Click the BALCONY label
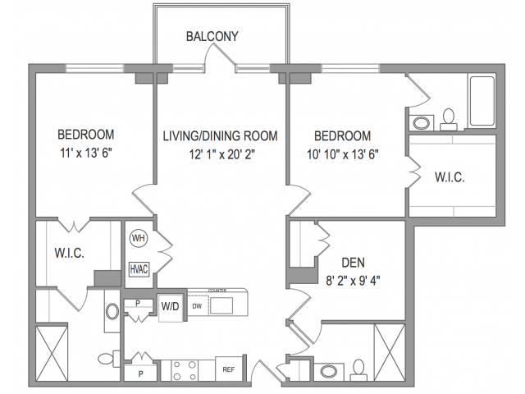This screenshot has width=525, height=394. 212,36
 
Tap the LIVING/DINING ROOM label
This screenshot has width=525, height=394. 219,135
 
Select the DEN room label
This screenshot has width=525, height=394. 354,263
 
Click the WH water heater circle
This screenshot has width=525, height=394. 138,239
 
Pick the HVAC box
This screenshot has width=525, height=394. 139,268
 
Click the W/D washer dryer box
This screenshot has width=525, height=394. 171,306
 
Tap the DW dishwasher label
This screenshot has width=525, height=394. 197,305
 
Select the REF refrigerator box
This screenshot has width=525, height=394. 228,369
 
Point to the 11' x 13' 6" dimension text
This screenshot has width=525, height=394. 84,153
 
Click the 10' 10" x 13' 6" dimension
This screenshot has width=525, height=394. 342,153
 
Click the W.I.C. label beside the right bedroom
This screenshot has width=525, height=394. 449,177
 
